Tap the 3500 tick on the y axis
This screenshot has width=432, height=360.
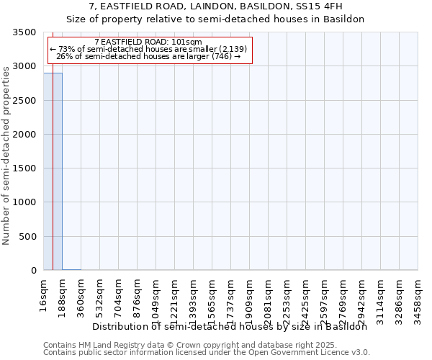click(x=27, y=32)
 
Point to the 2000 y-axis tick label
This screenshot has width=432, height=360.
click(x=27, y=135)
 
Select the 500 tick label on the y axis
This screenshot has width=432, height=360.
click(x=30, y=237)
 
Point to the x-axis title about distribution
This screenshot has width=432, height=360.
click(x=230, y=326)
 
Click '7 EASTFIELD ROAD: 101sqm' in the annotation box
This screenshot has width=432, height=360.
click(x=148, y=42)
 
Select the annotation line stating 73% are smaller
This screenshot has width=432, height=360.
click(x=148, y=49)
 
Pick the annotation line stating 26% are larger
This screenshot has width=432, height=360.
click(x=148, y=56)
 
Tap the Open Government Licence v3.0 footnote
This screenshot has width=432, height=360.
click(x=207, y=352)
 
